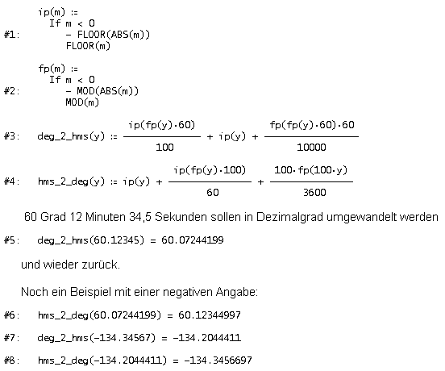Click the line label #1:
(x=11, y=35)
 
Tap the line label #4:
(x=11, y=181)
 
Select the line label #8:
(x=11, y=361)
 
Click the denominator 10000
(x=311, y=148)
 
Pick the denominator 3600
(x=314, y=193)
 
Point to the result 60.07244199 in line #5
(x=193, y=240)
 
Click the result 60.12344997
(x=210, y=315)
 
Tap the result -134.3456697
(x=218, y=361)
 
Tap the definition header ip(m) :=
(x=58, y=12)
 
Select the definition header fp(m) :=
(x=58, y=69)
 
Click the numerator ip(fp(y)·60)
(x=162, y=125)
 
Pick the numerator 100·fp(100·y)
(x=310, y=170)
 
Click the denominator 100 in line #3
(x=164, y=148)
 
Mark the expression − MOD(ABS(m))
(x=102, y=91)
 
